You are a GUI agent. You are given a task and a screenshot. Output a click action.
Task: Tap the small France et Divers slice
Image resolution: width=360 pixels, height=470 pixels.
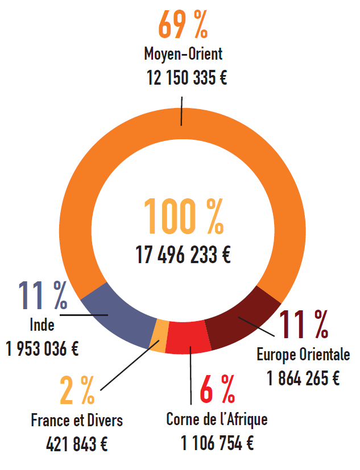click(162, 336)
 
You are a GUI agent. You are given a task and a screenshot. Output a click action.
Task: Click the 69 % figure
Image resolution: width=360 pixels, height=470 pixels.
click(183, 25)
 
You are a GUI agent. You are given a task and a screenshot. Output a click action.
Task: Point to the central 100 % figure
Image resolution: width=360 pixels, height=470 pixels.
click(183, 217)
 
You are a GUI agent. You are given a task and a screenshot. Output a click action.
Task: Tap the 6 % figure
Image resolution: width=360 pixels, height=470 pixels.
click(218, 389)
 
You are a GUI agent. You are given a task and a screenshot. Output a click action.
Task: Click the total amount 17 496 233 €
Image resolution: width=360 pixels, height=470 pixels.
click(183, 255)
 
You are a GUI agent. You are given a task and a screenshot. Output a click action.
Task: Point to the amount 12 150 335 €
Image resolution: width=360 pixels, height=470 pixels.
click(186, 78)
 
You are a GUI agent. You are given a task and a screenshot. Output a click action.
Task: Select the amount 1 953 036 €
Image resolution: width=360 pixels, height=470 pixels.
click(43, 348)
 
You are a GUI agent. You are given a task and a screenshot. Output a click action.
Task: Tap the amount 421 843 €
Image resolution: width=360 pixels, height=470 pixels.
click(77, 444)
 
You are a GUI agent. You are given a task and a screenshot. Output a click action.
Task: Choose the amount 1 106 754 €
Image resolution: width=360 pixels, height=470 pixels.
click(217, 443)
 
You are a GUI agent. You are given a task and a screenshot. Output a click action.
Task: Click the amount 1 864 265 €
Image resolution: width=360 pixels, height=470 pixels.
click(303, 378)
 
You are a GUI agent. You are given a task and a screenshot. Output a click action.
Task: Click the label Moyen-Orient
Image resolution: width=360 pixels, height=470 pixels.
click(183, 55)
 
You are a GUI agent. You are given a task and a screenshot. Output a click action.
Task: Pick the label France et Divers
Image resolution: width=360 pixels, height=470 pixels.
click(77, 421)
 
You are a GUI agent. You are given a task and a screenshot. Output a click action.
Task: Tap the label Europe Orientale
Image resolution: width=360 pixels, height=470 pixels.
click(303, 356)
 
